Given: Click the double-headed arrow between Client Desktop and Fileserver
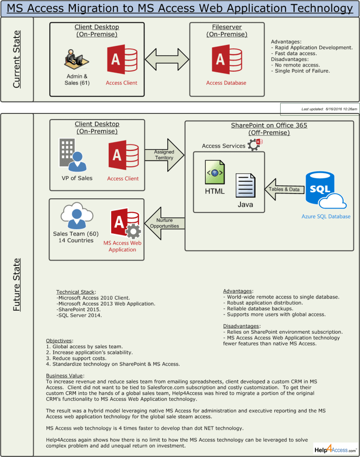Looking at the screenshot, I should click(x=167, y=59).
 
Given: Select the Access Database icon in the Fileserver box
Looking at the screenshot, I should click(x=226, y=60).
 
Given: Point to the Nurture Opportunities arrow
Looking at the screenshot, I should click(x=164, y=223).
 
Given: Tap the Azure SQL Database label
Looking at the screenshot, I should click(x=325, y=217).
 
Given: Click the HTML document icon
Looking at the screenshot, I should click(x=214, y=172).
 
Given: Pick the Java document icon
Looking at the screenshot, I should click(x=245, y=187).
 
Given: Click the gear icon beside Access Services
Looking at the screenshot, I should click(x=254, y=145).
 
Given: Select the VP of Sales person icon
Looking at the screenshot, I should click(x=73, y=156).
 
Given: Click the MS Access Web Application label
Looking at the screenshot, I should click(x=122, y=246).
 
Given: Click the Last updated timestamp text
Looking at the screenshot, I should click(x=329, y=109).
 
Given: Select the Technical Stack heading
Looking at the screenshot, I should click(x=75, y=292).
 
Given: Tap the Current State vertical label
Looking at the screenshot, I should click(x=17, y=59).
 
